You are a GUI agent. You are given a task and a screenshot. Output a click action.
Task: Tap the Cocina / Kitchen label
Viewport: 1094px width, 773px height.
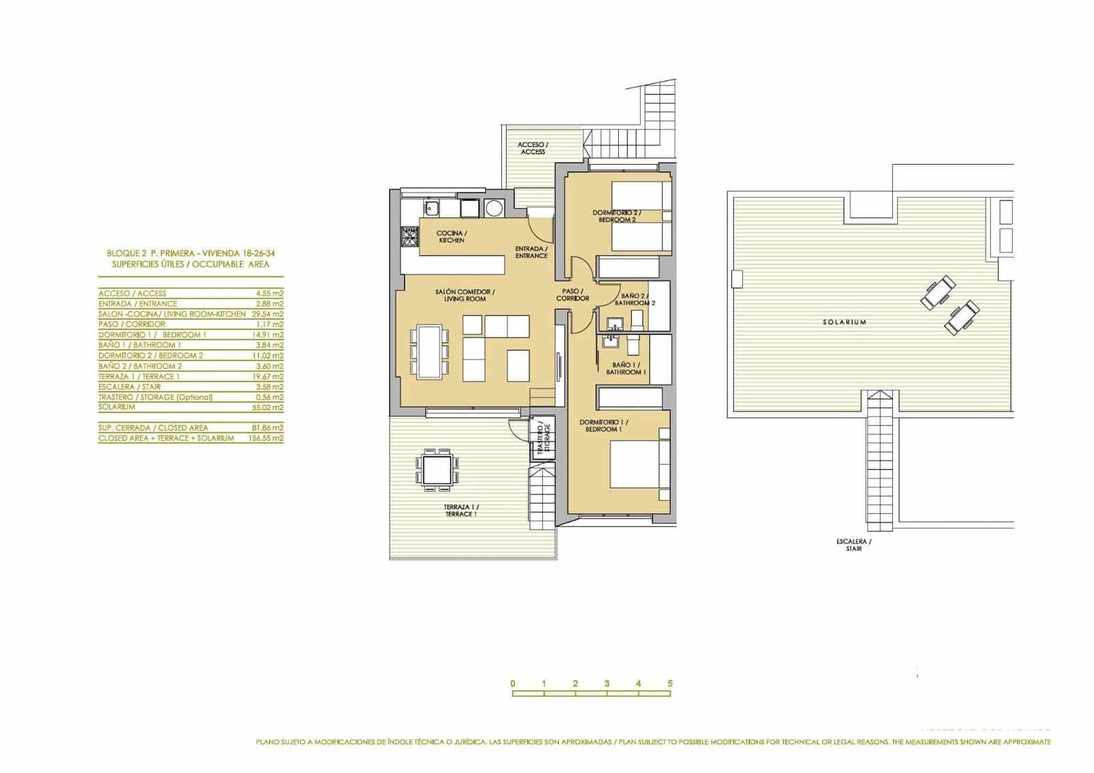(x=451, y=237)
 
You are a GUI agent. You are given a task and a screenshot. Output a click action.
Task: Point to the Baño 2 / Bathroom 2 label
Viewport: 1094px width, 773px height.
(x=635, y=299)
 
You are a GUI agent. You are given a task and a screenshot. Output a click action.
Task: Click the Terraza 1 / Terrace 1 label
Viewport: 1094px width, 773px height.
(x=460, y=510)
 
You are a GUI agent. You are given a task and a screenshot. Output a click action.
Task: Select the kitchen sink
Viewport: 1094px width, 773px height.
(x=432, y=208)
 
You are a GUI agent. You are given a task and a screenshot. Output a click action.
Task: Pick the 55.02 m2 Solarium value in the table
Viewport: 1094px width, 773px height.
(x=267, y=407)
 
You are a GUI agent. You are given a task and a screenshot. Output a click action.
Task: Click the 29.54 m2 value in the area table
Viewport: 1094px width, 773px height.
(x=267, y=314)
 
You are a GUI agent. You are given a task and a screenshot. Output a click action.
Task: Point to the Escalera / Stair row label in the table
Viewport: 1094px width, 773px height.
(x=130, y=386)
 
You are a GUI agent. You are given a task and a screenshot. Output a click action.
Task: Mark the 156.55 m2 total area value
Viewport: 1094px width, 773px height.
(x=265, y=438)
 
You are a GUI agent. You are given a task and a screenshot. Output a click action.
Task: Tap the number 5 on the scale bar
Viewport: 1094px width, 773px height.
(x=671, y=683)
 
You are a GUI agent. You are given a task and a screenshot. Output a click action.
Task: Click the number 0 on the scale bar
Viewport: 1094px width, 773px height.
(x=512, y=683)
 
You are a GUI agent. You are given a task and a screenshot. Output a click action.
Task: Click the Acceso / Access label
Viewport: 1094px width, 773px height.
(x=533, y=148)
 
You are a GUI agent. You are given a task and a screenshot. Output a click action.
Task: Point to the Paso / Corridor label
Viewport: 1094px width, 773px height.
(x=572, y=295)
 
